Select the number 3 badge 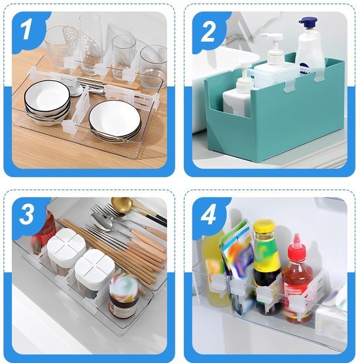26,214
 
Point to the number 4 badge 208,214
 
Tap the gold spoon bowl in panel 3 123,205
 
